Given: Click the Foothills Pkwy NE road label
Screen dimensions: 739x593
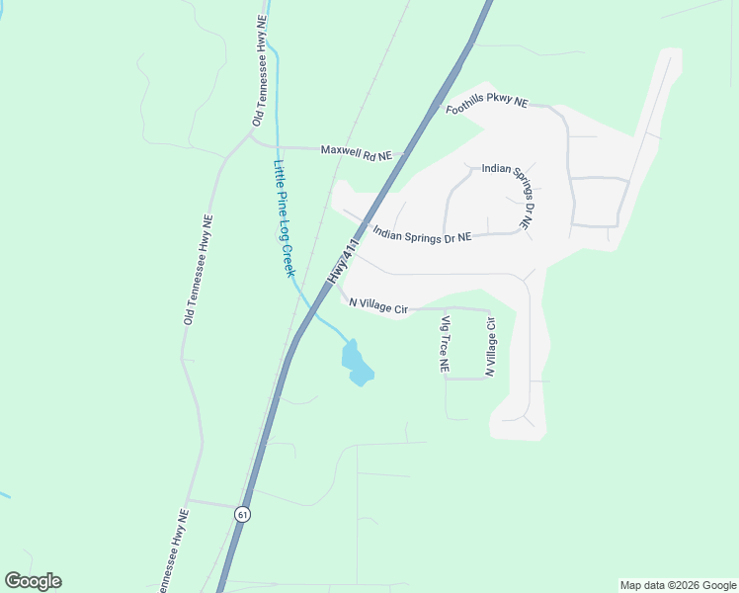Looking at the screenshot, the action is coord(487,105).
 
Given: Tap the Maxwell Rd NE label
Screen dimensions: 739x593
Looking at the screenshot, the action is coord(357,152).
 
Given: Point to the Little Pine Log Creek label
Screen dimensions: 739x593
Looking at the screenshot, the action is coord(285,217).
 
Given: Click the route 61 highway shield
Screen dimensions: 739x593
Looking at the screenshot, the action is coord(243,514).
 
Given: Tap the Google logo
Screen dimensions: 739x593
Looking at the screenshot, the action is coord(33,581).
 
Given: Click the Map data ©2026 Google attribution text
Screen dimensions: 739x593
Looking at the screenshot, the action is coord(677,585).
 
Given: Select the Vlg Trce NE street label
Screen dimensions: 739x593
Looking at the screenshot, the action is coord(446,344).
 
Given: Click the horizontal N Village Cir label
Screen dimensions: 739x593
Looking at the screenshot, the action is coord(378,307).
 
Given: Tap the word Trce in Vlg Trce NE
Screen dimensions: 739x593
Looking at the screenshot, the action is coord(446,345).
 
